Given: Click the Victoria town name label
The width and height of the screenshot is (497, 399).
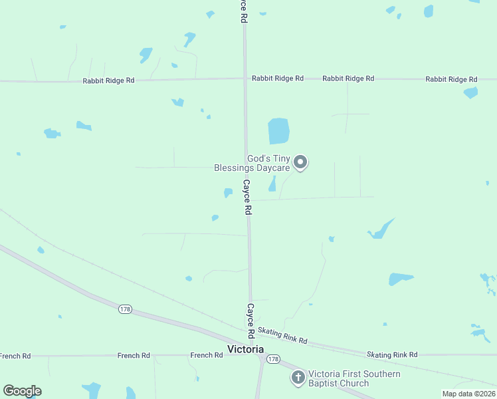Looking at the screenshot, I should [x=245, y=349].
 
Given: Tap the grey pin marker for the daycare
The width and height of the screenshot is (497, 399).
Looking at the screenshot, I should [x=300, y=162].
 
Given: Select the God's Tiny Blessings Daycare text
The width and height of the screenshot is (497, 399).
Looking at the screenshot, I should [x=252, y=163].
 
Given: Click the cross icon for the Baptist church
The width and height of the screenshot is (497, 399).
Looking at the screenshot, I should [x=298, y=378].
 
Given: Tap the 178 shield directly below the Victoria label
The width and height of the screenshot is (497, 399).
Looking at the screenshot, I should [x=273, y=359].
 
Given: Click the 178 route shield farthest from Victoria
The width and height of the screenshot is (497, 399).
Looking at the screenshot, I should [x=124, y=309].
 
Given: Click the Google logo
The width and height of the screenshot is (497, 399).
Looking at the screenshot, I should [x=22, y=391].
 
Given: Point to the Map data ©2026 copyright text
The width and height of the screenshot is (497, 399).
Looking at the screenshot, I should [x=469, y=394].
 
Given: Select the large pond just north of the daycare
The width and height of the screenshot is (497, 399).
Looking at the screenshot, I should [x=278, y=131].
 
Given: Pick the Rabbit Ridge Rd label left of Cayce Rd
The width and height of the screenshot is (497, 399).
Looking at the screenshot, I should [x=108, y=80].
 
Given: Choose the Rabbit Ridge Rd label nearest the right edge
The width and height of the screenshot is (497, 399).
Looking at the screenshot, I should [x=451, y=79].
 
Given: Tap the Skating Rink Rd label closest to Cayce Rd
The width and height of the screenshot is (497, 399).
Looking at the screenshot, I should [x=282, y=336].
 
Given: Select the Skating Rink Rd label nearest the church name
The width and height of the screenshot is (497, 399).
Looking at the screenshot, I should [x=392, y=354].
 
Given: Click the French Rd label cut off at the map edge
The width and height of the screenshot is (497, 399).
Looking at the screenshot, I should [x=15, y=356].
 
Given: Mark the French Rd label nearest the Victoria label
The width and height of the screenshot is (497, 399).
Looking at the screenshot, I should [x=206, y=355].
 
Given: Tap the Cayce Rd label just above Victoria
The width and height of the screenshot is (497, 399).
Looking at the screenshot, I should [x=251, y=320].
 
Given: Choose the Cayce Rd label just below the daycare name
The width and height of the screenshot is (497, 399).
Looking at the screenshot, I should [x=247, y=196].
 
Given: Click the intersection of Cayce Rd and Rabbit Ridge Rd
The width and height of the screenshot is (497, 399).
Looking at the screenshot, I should [x=245, y=78].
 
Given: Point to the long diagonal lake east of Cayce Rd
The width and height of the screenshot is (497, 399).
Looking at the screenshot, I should [x=381, y=229].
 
